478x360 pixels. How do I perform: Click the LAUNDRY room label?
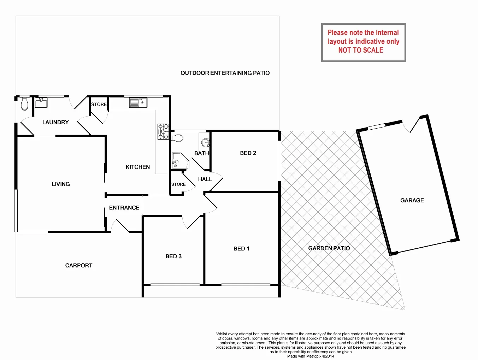click(x=55, y=122)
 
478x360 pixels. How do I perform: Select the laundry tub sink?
click(x=41, y=103)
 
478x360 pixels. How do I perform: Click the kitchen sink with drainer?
click(x=138, y=103)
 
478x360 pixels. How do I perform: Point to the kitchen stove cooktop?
click(x=163, y=131)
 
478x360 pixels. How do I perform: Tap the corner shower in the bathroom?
click(x=179, y=161)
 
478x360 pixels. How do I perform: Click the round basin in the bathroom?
click(x=205, y=143)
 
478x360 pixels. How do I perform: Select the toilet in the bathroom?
click(x=177, y=137)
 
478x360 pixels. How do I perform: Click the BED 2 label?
click(x=248, y=153)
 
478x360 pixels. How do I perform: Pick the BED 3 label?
click(x=173, y=256)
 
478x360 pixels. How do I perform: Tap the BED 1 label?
click(x=241, y=249)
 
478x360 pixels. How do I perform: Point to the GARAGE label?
click(x=412, y=200)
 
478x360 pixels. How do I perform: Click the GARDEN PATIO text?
click(x=329, y=248)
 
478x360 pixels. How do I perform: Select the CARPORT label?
click(x=79, y=266)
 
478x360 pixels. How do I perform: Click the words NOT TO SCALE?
click(x=361, y=50)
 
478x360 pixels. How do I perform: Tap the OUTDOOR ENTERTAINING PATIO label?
click(x=225, y=73)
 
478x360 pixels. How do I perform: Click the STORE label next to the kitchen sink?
click(x=99, y=105)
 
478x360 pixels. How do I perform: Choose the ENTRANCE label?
click(x=124, y=208)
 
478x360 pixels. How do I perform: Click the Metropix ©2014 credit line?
click(x=311, y=356)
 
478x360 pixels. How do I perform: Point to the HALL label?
click(x=205, y=179)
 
